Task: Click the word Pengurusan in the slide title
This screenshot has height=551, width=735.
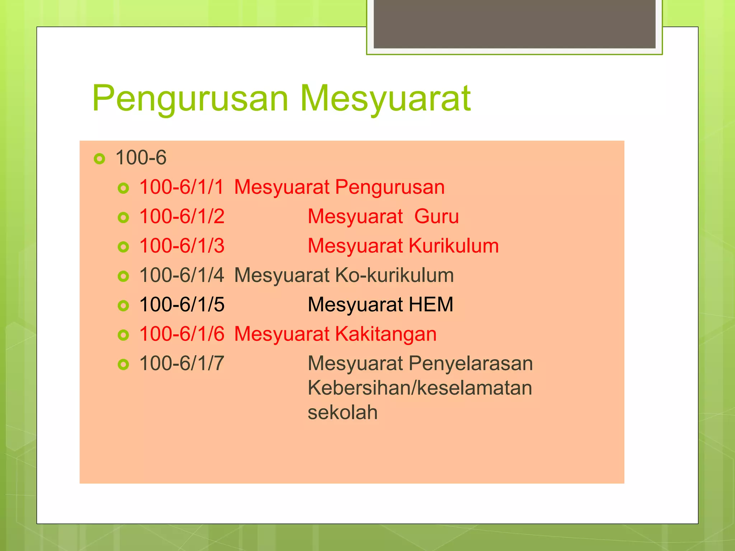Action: pyautogui.click(x=190, y=99)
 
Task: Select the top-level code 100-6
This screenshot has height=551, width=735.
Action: pyautogui.click(x=141, y=158)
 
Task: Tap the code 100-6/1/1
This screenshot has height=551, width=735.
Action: pyautogui.click(x=182, y=187)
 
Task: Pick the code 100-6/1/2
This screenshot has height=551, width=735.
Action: pyautogui.click(x=182, y=217)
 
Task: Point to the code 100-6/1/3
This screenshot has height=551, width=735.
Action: pyautogui.click(x=182, y=246)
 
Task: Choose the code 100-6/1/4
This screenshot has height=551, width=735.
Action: pyautogui.click(x=182, y=275)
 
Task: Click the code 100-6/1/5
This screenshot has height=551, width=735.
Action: pyautogui.click(x=182, y=305)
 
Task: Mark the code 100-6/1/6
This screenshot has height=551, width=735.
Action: pyautogui.click(x=182, y=334)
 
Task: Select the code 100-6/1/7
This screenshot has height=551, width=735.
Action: pyautogui.click(x=182, y=364)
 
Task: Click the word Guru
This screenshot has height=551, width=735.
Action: pyautogui.click(x=436, y=217)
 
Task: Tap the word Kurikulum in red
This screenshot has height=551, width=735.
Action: pyautogui.click(x=454, y=246)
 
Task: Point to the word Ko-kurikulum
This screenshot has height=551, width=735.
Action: pyautogui.click(x=394, y=275)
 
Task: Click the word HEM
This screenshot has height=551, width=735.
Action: pyautogui.click(x=431, y=305)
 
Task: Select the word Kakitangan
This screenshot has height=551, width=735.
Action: pyautogui.click(x=386, y=334)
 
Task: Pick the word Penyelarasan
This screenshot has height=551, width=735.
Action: pyautogui.click(x=471, y=364)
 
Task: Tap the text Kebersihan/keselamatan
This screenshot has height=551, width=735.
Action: pyautogui.click(x=420, y=388)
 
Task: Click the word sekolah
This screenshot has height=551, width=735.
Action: pyautogui.click(x=342, y=413)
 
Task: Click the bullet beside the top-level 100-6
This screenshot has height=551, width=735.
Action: pyautogui.click(x=99, y=159)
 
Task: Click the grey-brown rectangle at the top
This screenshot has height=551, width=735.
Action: pyautogui.click(x=514, y=24)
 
